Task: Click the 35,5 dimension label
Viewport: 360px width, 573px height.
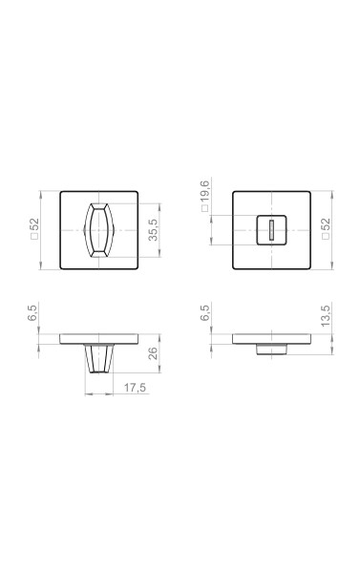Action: coord(153,230)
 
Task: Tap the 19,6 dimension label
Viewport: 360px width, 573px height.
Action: coord(205,191)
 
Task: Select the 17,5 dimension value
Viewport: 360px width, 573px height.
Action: coord(135,388)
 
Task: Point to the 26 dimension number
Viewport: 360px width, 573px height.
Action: coord(153,353)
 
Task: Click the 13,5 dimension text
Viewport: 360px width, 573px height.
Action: coord(325,315)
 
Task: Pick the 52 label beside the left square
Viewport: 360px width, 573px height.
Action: coord(33,224)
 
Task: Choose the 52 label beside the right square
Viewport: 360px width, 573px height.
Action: coord(325,224)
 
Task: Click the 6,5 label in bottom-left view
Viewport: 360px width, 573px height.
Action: coord(32,313)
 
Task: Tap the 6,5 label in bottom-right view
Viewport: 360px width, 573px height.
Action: coord(205,313)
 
